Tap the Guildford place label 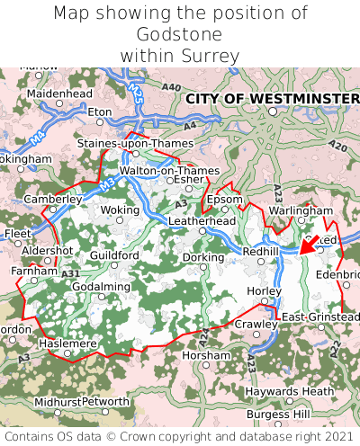coord(114,255)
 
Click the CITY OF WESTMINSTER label coord(272,97)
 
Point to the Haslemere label coord(67,343)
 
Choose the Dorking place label coord(203,257)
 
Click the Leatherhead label coord(202,220)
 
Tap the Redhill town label coord(261,252)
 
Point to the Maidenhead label coord(59,93)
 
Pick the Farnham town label coord(34,270)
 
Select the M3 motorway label coord(106,183)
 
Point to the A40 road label coord(171,86)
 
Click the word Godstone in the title coord(180,34)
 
